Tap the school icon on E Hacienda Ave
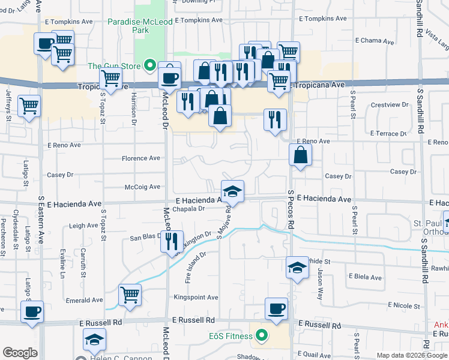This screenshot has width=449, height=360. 232,192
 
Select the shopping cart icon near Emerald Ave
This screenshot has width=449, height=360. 130,295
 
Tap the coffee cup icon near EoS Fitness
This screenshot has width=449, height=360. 276,309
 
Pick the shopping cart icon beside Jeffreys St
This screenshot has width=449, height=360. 29,106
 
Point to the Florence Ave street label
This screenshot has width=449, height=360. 141,158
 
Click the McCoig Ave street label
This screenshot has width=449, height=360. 142,187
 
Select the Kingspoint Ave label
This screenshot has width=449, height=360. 196,298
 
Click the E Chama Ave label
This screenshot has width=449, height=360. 374,42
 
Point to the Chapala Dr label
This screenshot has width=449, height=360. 188,209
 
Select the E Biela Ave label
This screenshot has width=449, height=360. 365,278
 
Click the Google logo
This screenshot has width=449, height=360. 20,353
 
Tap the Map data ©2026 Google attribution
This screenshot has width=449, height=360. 412,355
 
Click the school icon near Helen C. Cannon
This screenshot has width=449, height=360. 94,340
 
